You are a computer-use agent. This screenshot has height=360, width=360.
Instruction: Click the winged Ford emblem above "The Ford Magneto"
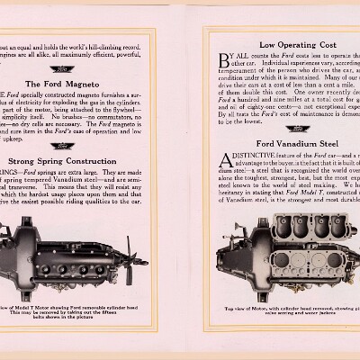[66, 68]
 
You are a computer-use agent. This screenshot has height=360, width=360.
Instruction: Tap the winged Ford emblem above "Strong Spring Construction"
[66, 146]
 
